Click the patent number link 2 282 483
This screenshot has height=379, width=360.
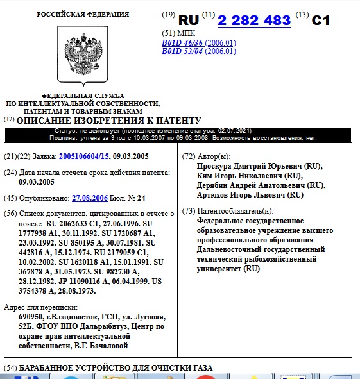[x=254, y=21]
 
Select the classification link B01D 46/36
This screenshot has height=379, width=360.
[x=182, y=43]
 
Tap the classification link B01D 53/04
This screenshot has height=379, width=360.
[x=182, y=51]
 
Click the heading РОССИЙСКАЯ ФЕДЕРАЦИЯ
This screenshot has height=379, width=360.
[x=82, y=14]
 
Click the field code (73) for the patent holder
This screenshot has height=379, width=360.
[x=189, y=212]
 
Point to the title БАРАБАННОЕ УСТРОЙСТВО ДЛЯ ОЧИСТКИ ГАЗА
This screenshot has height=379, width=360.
[x=116, y=368]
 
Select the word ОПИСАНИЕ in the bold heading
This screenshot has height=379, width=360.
[x=41, y=121]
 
